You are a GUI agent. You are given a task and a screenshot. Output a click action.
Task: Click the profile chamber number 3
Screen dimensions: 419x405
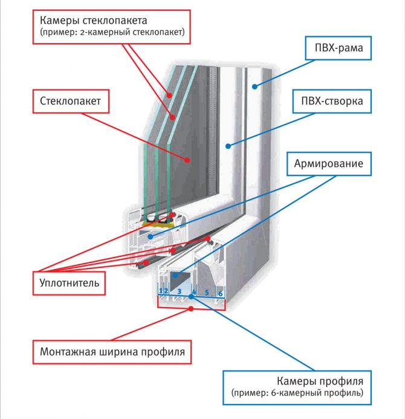179,291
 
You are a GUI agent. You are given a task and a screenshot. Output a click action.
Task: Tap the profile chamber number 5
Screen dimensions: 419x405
207,291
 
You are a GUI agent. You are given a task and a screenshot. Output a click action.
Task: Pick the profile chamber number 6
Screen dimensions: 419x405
220,292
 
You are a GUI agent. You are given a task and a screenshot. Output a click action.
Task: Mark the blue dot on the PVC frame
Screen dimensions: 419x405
256,86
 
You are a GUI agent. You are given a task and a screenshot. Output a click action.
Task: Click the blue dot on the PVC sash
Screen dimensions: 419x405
227,145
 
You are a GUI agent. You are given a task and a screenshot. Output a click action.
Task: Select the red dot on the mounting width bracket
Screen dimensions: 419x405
191,308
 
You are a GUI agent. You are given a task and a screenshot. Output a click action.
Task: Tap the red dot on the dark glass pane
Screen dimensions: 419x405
188,161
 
